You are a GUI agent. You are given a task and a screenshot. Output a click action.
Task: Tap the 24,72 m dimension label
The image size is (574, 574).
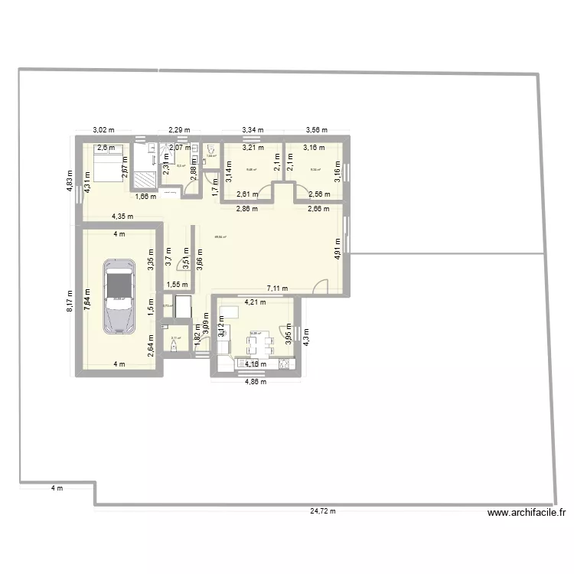322,511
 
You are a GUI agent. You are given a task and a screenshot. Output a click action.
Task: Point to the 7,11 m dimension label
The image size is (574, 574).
277,289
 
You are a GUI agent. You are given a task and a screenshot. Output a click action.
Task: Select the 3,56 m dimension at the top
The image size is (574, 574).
316,130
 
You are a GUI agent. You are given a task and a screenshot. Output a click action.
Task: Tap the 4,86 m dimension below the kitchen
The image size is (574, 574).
255,381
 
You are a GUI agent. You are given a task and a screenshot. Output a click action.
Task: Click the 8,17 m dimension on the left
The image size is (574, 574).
69,299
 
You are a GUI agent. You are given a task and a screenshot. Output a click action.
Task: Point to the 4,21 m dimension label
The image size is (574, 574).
255,302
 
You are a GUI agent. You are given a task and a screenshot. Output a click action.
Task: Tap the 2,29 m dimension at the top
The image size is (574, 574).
179,130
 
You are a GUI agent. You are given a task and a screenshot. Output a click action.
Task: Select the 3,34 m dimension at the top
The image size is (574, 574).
253,130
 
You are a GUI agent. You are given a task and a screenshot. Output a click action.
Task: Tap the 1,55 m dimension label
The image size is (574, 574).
178,284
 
